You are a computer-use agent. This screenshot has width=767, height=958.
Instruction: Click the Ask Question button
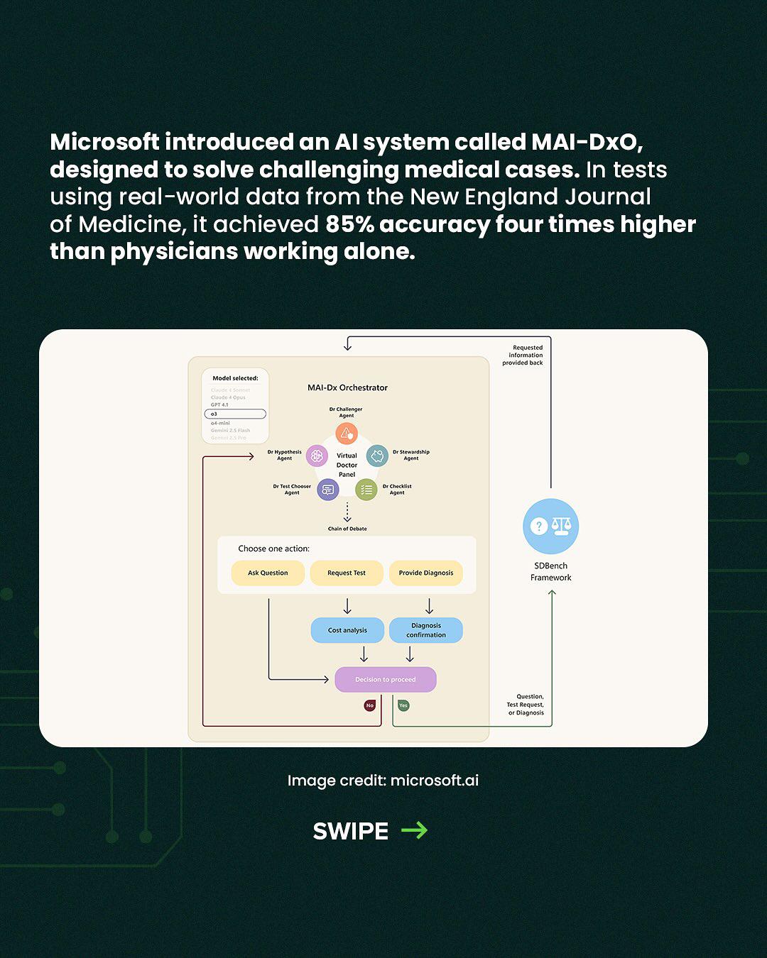(x=268, y=573)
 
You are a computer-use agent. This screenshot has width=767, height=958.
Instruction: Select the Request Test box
(x=347, y=573)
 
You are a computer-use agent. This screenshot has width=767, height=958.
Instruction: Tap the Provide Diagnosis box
(x=426, y=573)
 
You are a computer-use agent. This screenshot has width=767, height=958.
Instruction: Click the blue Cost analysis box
(x=347, y=630)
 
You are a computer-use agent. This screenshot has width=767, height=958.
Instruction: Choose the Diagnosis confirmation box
(x=426, y=630)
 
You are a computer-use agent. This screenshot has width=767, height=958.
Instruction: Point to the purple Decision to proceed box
(x=386, y=679)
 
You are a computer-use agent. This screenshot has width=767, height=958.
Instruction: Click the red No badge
(x=369, y=705)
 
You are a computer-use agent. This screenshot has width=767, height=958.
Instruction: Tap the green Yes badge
(x=403, y=705)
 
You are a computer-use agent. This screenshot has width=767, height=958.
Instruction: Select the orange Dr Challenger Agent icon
(x=347, y=433)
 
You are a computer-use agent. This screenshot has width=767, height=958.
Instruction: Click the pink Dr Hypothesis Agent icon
(x=317, y=456)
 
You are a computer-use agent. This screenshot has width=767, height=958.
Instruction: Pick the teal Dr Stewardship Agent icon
(x=377, y=456)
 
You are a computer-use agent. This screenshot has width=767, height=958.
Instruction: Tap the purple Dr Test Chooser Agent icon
(x=327, y=490)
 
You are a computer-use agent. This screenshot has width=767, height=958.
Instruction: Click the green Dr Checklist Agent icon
(x=366, y=490)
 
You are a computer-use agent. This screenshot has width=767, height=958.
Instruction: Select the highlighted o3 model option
(x=235, y=414)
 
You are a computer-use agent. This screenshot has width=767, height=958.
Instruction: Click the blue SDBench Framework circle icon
(x=551, y=527)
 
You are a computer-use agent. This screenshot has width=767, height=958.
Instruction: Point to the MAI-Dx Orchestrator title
(x=347, y=387)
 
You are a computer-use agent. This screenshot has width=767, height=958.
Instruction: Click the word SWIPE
(x=351, y=831)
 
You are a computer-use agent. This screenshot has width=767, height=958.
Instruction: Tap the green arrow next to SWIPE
(x=414, y=830)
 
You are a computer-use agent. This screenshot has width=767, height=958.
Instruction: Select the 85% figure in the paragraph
(x=349, y=224)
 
